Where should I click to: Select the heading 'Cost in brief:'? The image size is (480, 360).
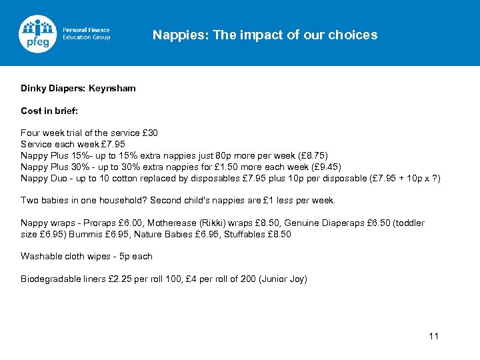pos(49,111)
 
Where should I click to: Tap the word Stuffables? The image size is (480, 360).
pos(242,235)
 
